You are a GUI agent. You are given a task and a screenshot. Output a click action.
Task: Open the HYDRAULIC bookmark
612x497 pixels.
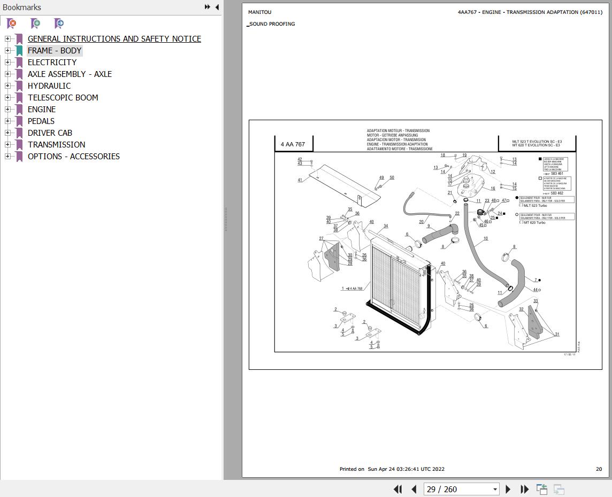click(49, 86)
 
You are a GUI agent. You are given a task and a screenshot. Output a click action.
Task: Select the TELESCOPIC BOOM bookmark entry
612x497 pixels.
click(63, 97)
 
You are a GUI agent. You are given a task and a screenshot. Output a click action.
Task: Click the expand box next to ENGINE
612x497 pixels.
click(7, 109)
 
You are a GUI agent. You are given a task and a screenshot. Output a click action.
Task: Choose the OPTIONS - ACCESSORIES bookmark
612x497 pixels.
click(74, 156)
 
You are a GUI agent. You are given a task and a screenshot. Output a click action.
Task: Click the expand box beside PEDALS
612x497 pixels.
click(7, 121)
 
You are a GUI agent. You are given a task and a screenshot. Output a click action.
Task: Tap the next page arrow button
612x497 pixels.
click(508, 489)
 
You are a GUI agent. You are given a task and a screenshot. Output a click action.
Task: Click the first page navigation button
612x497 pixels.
click(397, 489)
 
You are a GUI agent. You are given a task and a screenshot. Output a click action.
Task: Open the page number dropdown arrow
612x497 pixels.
click(495, 489)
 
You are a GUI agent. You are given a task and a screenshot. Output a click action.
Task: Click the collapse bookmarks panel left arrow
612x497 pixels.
click(217, 7)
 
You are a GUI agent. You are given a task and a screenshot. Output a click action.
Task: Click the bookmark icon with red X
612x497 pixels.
click(11, 23)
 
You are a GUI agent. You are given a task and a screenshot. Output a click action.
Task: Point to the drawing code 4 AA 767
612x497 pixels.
click(293, 144)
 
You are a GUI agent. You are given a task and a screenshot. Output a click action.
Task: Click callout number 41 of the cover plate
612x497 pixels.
click(300, 180)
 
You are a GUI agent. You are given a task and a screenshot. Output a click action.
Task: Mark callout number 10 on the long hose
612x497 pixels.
click(485, 239)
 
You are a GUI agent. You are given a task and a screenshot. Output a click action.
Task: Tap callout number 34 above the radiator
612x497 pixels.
click(386, 226)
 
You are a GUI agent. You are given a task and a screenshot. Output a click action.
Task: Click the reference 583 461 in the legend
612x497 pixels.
click(556, 174)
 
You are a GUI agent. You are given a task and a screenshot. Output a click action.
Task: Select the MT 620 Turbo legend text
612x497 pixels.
click(534, 222)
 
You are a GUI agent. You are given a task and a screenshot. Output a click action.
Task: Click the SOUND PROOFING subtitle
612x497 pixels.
click(272, 24)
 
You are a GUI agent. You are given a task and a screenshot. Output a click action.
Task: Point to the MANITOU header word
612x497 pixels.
click(259, 12)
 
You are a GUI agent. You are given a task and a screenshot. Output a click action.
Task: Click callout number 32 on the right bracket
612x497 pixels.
click(521, 309)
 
